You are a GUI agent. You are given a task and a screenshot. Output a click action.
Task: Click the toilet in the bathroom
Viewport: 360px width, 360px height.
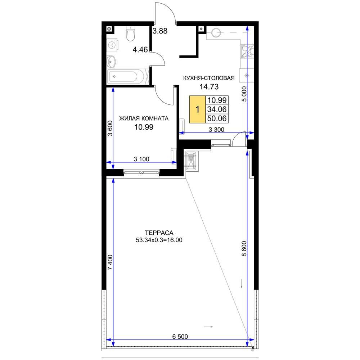[x=130, y=34]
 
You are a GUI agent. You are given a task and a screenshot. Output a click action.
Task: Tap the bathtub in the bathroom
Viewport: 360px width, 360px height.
[x=126, y=76]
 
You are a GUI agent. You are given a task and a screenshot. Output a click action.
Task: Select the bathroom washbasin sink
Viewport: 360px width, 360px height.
[x=111, y=62]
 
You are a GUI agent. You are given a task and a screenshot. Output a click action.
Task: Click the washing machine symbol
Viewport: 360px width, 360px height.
[x=112, y=45]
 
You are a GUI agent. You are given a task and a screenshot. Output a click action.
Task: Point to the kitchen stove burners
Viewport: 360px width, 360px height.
[x=247, y=51]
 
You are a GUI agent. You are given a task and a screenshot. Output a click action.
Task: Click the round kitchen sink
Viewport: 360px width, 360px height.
[x=216, y=33]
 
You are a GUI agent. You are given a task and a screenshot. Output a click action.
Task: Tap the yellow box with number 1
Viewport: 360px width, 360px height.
[x=197, y=109]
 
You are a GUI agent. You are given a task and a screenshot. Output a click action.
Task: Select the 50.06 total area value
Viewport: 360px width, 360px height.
[x=217, y=118]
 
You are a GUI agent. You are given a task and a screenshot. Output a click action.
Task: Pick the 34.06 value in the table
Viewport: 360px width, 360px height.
[x=217, y=109]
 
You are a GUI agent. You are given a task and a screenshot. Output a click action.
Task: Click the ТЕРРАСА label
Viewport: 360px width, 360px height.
[x=159, y=233]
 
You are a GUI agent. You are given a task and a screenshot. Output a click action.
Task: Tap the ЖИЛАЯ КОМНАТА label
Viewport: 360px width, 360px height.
[x=144, y=118]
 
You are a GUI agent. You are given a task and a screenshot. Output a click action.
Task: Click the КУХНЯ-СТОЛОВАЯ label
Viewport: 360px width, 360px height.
[x=209, y=78]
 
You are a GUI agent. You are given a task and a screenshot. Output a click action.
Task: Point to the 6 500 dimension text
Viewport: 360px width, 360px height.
[x=180, y=337]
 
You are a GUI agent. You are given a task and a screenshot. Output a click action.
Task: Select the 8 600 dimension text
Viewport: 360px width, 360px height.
[x=244, y=249]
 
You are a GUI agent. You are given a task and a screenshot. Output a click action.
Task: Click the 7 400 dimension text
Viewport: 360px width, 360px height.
[x=110, y=262]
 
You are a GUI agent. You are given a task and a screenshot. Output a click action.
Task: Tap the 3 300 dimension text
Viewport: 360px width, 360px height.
[x=216, y=130]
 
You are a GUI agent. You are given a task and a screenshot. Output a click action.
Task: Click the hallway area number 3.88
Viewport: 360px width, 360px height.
[x=160, y=31]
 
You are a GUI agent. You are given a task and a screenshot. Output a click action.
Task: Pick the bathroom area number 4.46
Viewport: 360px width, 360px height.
[x=140, y=49]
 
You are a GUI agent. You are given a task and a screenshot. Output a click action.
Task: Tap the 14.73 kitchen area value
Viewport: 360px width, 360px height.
[x=209, y=87]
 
